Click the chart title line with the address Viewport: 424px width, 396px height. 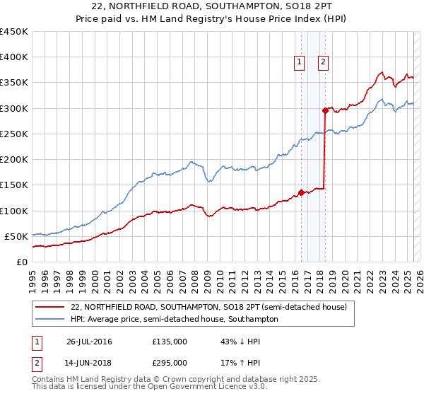coord(211,6)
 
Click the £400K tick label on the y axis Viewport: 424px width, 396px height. coord(14,57)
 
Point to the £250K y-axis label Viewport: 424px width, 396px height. coord(14,134)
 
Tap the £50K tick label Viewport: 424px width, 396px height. coord(17,236)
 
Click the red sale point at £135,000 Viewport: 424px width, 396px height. coord(301,192)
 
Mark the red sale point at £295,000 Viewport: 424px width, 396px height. coord(325,110)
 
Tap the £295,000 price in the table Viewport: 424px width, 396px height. coord(170,363)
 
